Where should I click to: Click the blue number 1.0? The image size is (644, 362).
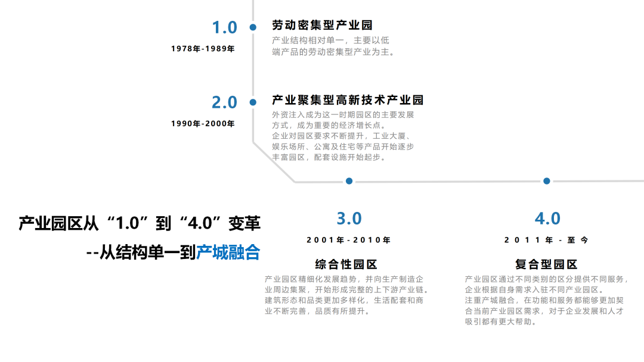coord(225,27)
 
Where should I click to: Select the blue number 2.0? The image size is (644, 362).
coord(225,102)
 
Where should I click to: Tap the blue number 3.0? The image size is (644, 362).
coord(349,219)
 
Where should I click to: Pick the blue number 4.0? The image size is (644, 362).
coord(547,219)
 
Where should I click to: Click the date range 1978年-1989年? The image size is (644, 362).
coord(203,49)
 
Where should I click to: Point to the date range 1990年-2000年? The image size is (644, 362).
coord(203,124)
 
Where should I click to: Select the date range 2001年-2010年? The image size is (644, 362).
coord(349,241)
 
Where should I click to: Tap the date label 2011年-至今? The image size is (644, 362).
coord(546,241)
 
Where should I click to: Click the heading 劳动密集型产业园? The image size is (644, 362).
coord(323,26)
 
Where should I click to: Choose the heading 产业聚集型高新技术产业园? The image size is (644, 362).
coord(348,100)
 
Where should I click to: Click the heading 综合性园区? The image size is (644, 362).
coord(346,264)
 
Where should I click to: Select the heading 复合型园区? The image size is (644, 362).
coord(546,264)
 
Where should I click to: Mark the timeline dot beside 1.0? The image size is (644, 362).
coord(253,27)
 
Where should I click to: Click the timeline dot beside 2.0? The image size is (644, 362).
coord(253,102)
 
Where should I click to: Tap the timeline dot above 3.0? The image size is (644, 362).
coord(349,181)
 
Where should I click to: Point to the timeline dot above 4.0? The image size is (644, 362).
coord(546,181)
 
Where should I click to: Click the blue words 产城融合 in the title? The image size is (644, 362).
coord(228,252)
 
